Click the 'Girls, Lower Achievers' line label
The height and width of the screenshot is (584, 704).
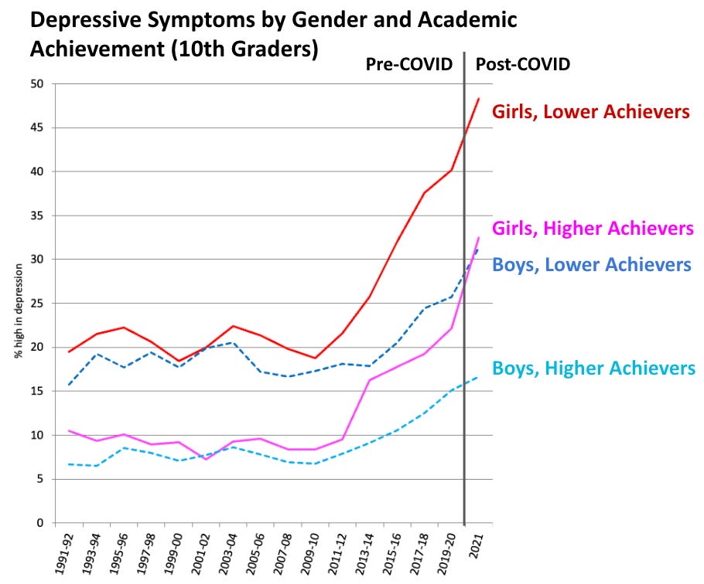pos(591,112)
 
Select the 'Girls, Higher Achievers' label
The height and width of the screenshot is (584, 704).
pos(593,229)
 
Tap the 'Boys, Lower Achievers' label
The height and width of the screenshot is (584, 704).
pos(592,265)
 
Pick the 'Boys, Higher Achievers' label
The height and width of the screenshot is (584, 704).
pos(594,368)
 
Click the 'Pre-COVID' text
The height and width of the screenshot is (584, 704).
pos(408,64)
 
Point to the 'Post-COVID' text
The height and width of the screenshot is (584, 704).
pos(522,64)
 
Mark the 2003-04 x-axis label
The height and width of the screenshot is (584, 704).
pos(227,552)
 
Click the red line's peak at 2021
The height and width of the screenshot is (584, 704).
pos(478,99)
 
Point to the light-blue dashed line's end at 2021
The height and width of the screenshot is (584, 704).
pos(478,377)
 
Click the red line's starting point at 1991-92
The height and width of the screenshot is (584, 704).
pos(70,352)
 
